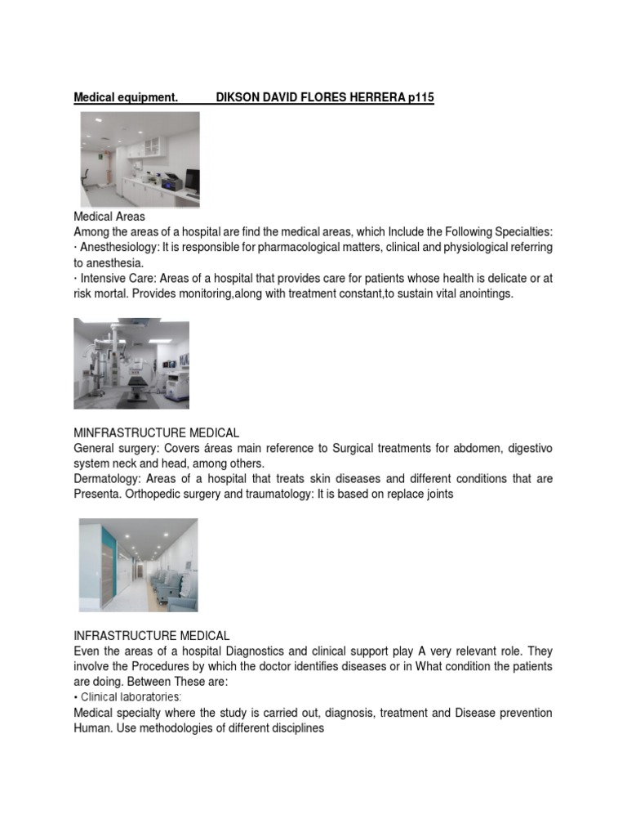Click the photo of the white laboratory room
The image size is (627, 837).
(x=139, y=159)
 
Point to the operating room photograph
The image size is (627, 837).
(x=131, y=365)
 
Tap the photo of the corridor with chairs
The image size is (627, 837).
(x=138, y=565)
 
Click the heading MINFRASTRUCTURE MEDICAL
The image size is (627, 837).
(x=156, y=432)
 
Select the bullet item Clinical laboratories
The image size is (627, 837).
(x=131, y=697)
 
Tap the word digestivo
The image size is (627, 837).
(x=524, y=448)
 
